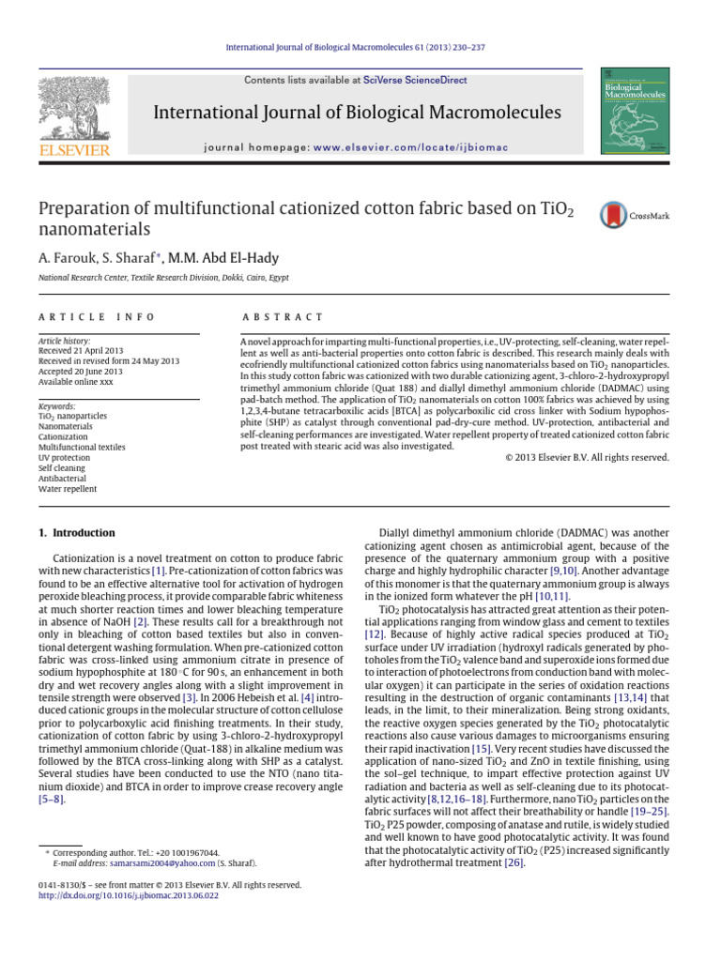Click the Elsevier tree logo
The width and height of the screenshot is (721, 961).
point(73,111)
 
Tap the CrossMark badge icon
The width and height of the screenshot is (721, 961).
point(615,215)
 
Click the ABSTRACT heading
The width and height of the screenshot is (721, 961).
point(282,318)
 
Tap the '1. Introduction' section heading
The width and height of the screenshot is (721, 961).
point(77,533)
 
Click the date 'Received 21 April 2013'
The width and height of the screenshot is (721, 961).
point(83,350)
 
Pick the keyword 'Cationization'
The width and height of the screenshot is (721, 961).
point(63,436)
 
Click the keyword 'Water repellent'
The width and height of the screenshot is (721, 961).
point(67,488)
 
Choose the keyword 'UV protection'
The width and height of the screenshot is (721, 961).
point(64,457)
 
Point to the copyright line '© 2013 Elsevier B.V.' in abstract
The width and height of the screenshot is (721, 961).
point(581,457)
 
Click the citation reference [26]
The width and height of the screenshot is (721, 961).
point(514,862)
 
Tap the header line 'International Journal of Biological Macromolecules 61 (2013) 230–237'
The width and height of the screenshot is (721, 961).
point(360,47)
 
